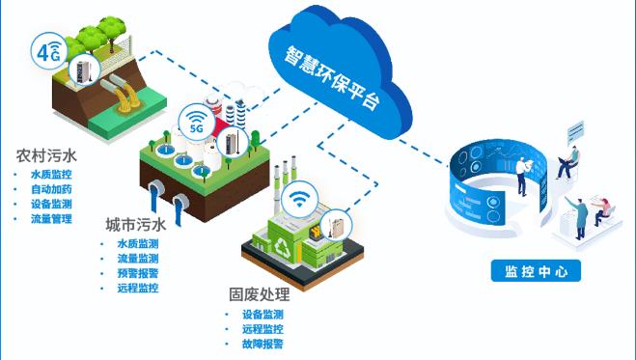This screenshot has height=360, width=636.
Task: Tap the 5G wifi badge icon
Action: coord(196,124)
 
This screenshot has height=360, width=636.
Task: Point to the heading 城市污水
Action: coord(136,225)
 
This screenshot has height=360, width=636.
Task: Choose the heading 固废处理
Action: coord(256,294)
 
